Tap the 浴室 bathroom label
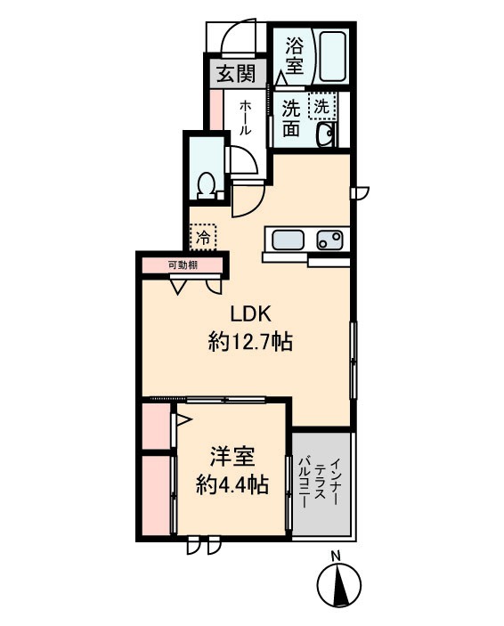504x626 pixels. pyautogui.click(x=294, y=55)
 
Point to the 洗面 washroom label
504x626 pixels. pyautogui.click(x=291, y=118)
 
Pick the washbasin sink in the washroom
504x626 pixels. pyautogui.click(x=327, y=134)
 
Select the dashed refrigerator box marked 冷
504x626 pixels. pyautogui.click(x=204, y=237)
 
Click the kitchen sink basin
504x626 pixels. pyautogui.click(x=288, y=240)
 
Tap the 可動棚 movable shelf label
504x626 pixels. pyautogui.click(x=181, y=264)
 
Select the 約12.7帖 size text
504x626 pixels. pyautogui.click(x=251, y=340)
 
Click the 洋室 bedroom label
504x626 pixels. pyautogui.click(x=233, y=458)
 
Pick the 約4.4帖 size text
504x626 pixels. pyautogui.click(x=233, y=485)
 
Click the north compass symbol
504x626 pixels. pyautogui.click(x=339, y=586)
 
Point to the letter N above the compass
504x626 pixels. pyautogui.click(x=336, y=557)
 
